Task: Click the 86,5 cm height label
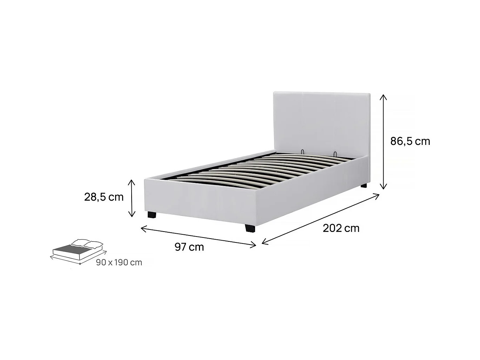pyautogui.click(x=410, y=141)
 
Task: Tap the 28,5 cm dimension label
pyautogui.click(x=104, y=197)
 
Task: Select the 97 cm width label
pyautogui.click(x=189, y=247)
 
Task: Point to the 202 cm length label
pyautogui.click(x=341, y=228)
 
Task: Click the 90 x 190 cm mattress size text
pyautogui.click(x=119, y=262)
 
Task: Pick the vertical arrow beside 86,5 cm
pyautogui.click(x=384, y=142)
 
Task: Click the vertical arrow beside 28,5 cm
pyautogui.click(x=132, y=198)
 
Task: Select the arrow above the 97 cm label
pyautogui.click(x=198, y=237)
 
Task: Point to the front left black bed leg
pyautogui.click(x=151, y=215)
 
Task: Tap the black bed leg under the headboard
pyautogui.click(x=364, y=186)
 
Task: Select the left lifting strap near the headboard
pyautogui.click(x=302, y=151)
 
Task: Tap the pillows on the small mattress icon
pyautogui.click(x=87, y=243)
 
